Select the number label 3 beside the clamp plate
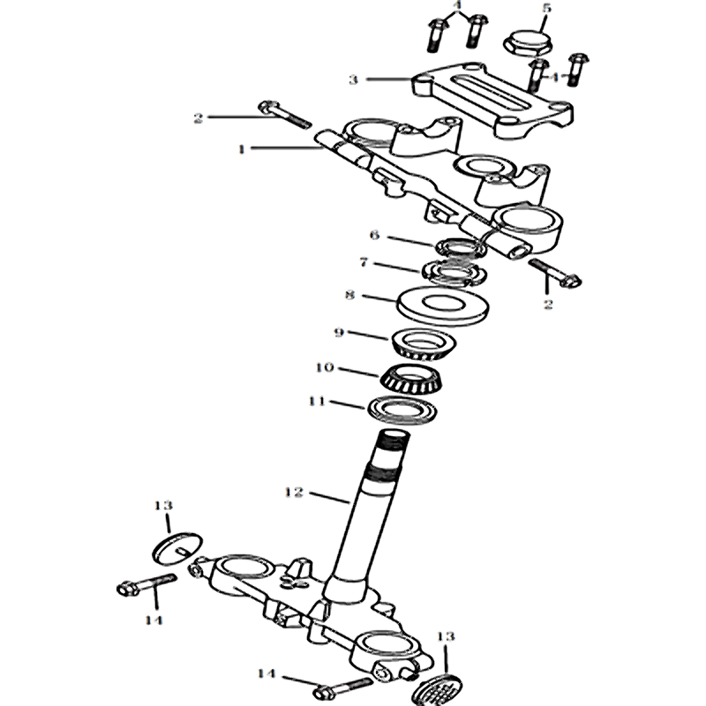click(354, 79)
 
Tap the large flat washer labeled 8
click(444, 304)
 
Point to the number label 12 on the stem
click(294, 492)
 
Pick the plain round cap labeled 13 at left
click(177, 548)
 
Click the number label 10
click(325, 367)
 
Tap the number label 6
click(374, 235)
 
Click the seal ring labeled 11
click(403, 409)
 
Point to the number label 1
click(242, 148)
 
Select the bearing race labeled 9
click(424, 344)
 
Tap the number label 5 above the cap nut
click(546, 8)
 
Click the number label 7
click(364, 262)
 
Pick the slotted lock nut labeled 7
click(454, 273)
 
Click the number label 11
click(317, 401)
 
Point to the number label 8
click(349, 295)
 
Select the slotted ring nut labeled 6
click(460, 248)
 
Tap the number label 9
click(339, 333)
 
